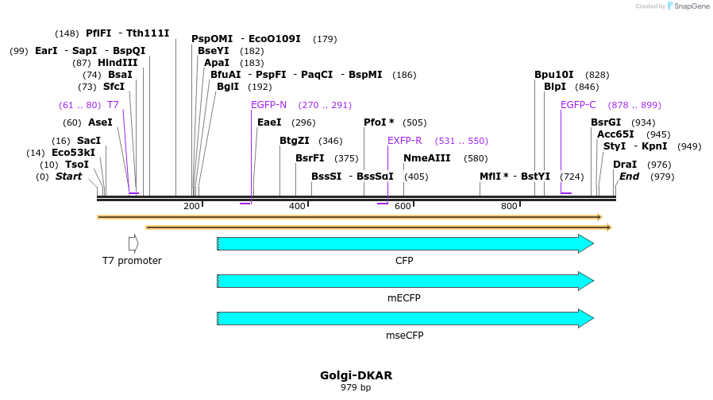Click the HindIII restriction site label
[117, 63]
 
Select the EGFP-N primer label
[268, 105]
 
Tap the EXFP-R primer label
[404, 141]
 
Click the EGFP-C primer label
[578, 105]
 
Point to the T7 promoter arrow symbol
[133, 243]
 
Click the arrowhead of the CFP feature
[586, 244]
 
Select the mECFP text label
[404, 298]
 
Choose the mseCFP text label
[404, 335]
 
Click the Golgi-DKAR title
[356, 375]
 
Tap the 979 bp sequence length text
[356, 388]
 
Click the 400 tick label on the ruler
[297, 207]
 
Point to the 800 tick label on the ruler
[509, 207]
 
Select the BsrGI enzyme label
[606, 122]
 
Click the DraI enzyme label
[625, 165]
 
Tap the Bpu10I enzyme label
[554, 75]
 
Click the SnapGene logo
[688, 6]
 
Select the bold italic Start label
[68, 177]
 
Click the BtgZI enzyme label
[295, 141]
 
